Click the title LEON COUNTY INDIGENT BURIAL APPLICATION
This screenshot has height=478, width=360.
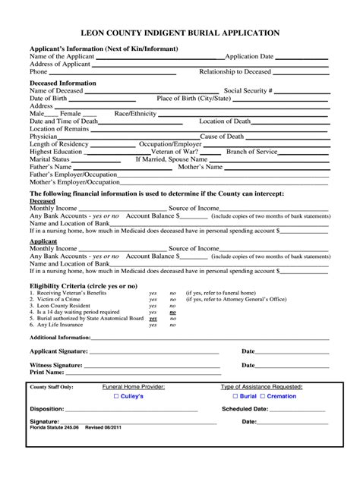point(180,33)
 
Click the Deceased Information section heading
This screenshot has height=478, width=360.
point(62,83)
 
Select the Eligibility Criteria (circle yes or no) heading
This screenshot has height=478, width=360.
point(83,285)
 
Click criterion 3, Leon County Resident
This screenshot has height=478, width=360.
point(65,306)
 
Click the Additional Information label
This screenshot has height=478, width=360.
point(60,337)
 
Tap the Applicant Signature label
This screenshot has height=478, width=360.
point(58,351)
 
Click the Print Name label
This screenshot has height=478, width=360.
point(46,373)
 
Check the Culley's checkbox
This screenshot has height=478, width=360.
point(116,397)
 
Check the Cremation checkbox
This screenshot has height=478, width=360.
point(263,397)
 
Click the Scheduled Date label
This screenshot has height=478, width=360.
point(245,409)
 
